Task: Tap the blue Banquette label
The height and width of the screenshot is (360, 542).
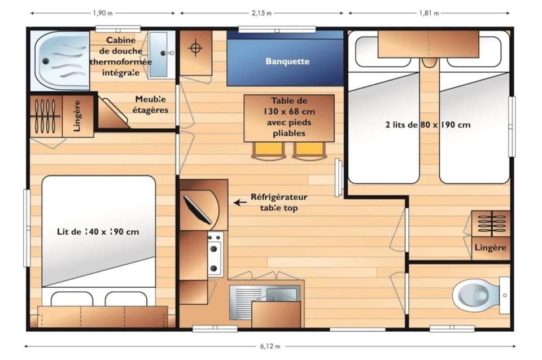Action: tap(287, 62)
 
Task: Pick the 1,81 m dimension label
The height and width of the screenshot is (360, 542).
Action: tap(428, 12)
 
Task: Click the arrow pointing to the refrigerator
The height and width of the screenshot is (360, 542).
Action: tap(241, 202)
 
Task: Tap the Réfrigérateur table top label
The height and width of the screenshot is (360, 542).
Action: tap(279, 202)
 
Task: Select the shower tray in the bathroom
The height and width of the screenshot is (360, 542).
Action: tap(60, 60)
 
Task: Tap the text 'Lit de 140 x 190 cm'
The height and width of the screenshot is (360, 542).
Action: tap(98, 231)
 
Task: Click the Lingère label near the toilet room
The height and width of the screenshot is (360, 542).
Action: tap(490, 248)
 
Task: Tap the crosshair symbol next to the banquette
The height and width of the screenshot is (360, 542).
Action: tap(195, 48)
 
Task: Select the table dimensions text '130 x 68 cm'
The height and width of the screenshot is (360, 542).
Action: tap(289, 112)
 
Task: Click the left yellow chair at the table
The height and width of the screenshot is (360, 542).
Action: tap(268, 149)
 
